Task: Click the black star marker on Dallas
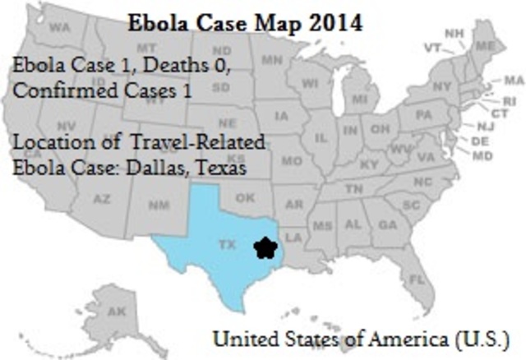(265, 247)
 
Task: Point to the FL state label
(418, 279)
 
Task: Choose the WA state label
(60, 27)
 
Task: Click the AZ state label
(102, 199)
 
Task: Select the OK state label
(245, 198)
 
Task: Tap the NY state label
(442, 85)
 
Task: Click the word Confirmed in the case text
(53, 91)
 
